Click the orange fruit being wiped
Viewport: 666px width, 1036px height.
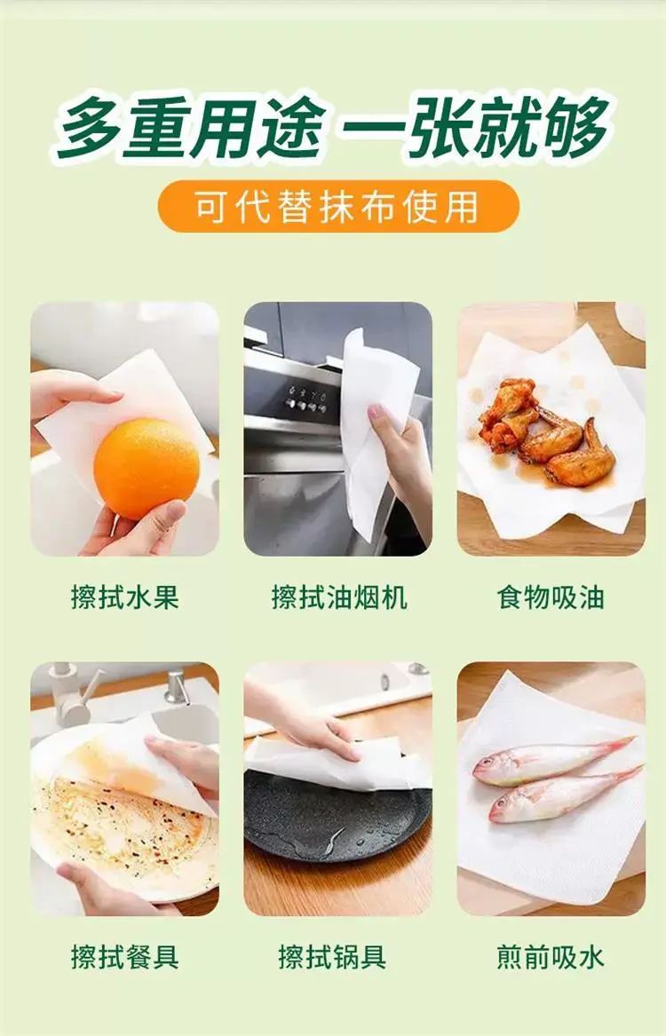[146, 468]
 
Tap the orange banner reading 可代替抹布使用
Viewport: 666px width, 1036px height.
[338, 207]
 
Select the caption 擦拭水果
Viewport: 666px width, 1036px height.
[125, 597]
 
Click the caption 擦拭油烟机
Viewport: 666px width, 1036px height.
[339, 597]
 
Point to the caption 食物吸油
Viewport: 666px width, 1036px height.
[551, 597]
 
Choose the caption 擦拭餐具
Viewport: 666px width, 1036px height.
[125, 957]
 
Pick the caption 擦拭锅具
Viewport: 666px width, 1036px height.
[332, 957]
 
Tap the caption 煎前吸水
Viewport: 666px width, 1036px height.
[551, 957]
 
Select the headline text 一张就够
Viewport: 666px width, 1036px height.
[474, 126]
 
